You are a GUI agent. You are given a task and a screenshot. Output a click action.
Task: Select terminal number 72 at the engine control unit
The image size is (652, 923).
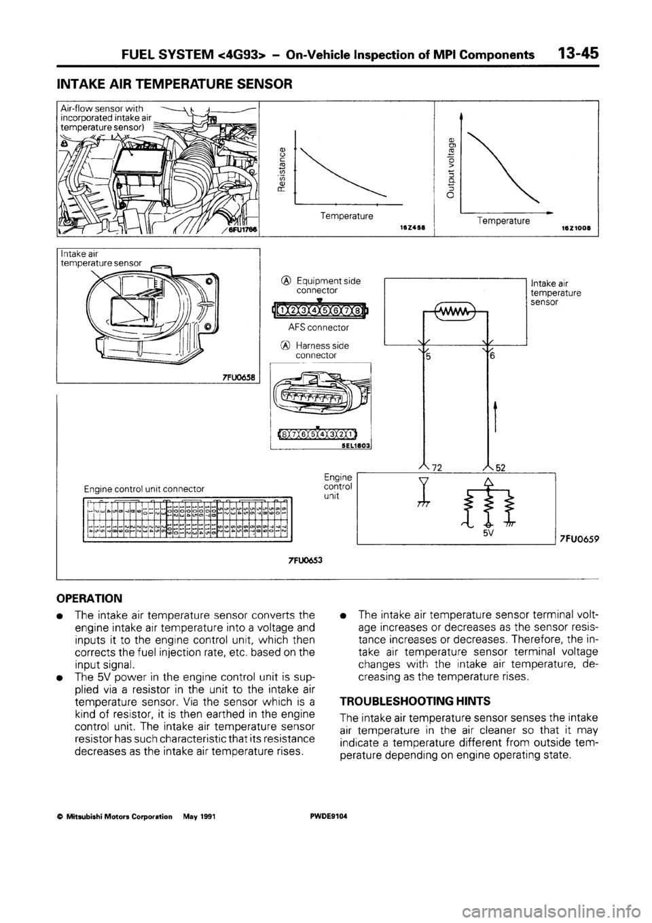(x=446, y=466)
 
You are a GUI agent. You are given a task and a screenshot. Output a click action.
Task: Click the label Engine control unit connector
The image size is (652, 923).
(x=144, y=488)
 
